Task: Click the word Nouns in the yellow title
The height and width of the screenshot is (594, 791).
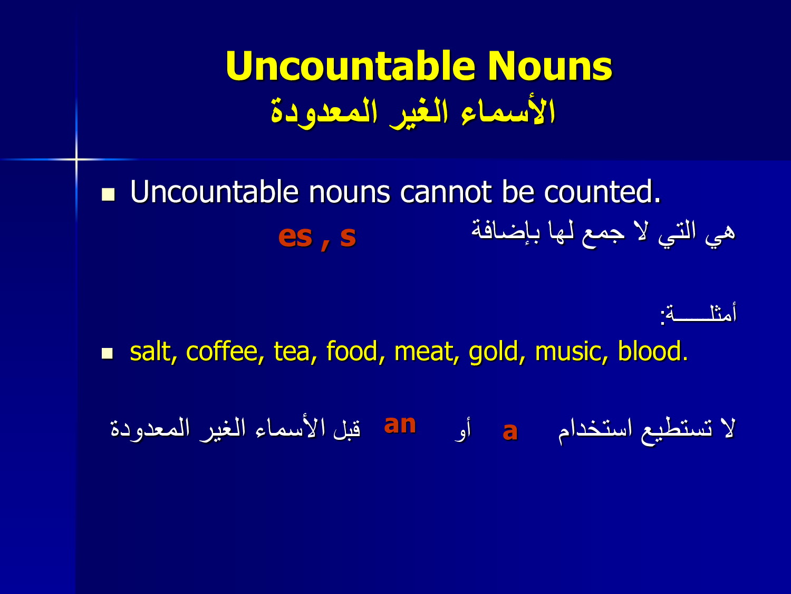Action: pyautogui.click(x=550, y=67)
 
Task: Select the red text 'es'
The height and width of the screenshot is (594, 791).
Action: pyautogui.click(x=295, y=237)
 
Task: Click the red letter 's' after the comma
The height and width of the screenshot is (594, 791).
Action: pyautogui.click(x=348, y=237)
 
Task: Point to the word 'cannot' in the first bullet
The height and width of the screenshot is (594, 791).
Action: pyautogui.click(x=446, y=192)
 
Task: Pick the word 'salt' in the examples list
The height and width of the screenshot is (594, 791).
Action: pyautogui.click(x=150, y=351)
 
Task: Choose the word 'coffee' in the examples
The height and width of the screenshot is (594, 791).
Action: pyautogui.click(x=221, y=351)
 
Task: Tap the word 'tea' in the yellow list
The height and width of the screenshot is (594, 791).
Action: pyautogui.click(x=292, y=352)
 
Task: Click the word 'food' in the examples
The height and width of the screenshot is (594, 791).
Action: pyautogui.click(x=352, y=351)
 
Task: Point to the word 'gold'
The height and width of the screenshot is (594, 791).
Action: pyautogui.click(x=493, y=352)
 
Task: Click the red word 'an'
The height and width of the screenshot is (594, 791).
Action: pyautogui.click(x=400, y=424)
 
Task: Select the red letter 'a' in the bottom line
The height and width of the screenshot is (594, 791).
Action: pyautogui.click(x=510, y=431)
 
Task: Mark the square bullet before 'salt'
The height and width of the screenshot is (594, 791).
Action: pyautogui.click(x=108, y=354)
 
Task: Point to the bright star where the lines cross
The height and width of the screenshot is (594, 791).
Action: pyautogui.click(x=76, y=159)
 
